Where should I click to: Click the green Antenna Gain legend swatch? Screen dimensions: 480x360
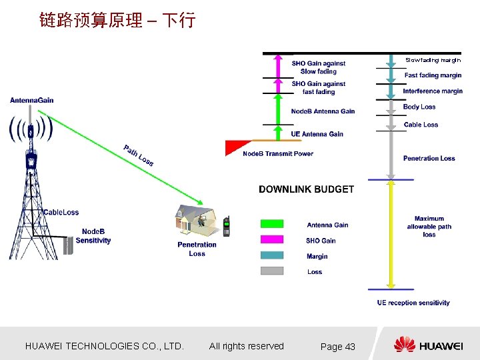click(271, 224)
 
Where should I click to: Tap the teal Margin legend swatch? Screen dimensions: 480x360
click(271, 255)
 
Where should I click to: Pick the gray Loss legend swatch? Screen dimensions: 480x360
click(271, 271)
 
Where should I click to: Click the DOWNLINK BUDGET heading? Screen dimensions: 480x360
click(306, 189)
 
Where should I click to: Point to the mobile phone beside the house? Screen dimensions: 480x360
click(226, 227)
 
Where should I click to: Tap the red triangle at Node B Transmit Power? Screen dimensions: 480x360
click(237, 146)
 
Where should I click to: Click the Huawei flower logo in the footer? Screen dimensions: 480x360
click(404, 345)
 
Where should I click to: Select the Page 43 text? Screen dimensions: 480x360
click(337, 347)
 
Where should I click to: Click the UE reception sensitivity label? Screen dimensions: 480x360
click(413, 303)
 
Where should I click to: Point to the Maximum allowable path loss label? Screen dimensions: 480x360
click(429, 227)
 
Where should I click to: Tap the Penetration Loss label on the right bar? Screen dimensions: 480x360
click(429, 158)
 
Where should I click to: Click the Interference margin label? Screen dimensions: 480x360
click(433, 91)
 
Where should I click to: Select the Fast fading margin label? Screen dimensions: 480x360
click(433, 75)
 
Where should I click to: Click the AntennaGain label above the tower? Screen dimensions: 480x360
click(31, 101)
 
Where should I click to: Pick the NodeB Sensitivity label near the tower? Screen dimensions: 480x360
click(93, 236)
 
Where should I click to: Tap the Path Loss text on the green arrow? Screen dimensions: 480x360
click(139, 155)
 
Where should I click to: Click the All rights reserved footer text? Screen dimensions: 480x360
click(246, 346)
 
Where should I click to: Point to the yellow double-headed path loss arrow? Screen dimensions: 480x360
click(391, 233)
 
